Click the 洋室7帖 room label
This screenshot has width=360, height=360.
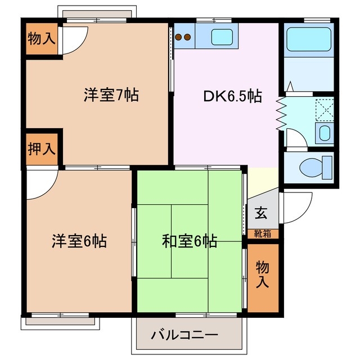point(111,94)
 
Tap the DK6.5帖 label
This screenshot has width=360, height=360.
point(232,96)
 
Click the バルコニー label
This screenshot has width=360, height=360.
point(184,336)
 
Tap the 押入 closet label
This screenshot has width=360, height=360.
point(42,150)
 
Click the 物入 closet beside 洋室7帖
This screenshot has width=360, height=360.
point(42,39)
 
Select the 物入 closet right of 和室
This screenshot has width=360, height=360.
point(263,274)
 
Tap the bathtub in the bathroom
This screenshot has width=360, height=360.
point(309,39)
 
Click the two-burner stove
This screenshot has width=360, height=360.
point(183,38)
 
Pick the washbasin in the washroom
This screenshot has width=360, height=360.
point(324,134)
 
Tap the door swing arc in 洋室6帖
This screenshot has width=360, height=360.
point(40,186)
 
